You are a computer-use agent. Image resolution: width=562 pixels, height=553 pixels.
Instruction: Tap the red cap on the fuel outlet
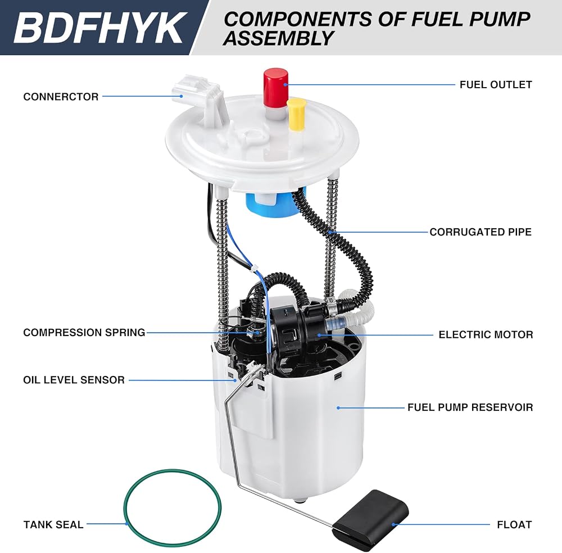click(276, 88)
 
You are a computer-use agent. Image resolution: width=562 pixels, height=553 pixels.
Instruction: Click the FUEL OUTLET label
click(496, 85)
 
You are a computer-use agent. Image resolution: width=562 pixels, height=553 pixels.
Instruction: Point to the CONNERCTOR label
click(61, 97)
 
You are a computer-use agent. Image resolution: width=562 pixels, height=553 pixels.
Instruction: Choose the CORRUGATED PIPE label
click(481, 232)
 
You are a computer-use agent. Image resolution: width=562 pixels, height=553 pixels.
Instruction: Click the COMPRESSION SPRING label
click(84, 333)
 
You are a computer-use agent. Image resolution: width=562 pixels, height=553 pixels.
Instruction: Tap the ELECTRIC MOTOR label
click(486, 335)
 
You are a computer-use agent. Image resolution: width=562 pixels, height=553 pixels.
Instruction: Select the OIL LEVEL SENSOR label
click(74, 380)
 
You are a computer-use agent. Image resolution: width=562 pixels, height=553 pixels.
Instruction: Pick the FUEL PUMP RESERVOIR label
click(470, 407)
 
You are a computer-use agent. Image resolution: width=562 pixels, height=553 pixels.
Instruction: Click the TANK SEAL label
click(53, 525)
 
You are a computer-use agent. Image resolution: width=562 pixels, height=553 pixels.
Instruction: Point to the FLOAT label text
click(514, 525)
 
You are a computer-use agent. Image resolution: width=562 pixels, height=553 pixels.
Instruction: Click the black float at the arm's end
click(370, 520)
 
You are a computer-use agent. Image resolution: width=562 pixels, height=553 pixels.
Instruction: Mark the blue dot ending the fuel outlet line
click(285, 85)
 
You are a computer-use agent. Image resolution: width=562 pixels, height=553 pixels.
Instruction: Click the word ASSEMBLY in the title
click(279, 38)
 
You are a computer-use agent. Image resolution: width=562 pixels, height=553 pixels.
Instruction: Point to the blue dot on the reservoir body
click(338, 408)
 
